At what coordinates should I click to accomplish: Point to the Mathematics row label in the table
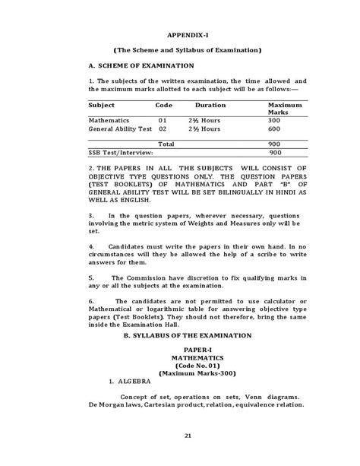[109, 121]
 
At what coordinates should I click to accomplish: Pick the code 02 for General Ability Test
[162, 130]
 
